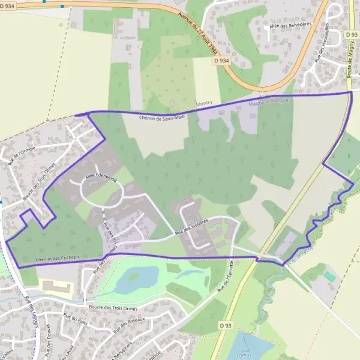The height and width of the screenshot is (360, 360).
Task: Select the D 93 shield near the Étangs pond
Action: pyautogui.click(x=225, y=325)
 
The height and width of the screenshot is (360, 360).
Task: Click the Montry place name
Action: pyautogui.click(x=204, y=104)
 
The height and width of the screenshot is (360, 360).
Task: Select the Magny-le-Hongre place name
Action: pyautogui.click(x=268, y=103)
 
